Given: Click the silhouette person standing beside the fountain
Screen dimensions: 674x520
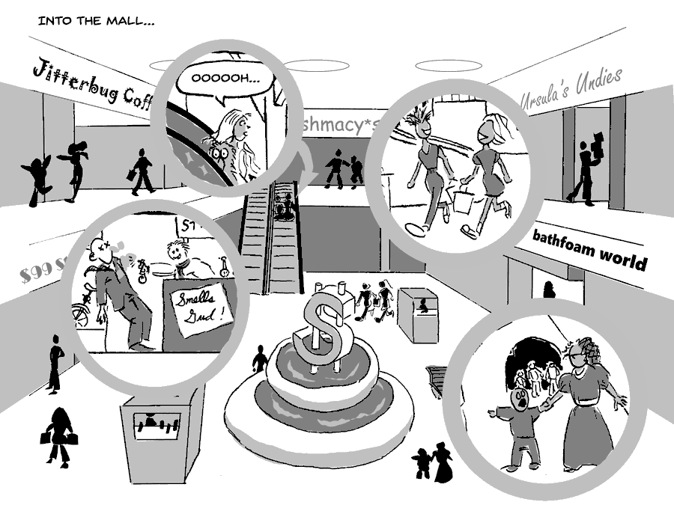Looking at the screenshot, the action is coord(259,361).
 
